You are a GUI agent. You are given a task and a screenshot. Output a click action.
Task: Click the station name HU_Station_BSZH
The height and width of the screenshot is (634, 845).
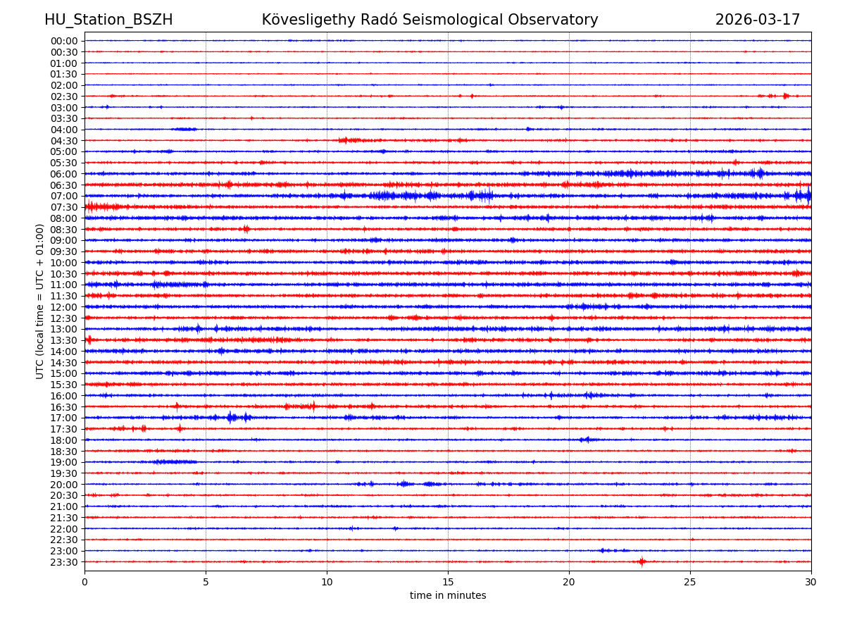[108, 20]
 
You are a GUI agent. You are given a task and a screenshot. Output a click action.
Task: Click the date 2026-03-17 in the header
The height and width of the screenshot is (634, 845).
[758, 20]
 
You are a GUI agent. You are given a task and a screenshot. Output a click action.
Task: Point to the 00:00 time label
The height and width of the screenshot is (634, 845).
[63, 41]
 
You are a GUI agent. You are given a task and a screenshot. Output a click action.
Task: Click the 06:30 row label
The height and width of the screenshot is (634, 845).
[63, 185]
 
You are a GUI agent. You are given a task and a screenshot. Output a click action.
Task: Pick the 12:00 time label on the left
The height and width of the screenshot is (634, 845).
[63, 307]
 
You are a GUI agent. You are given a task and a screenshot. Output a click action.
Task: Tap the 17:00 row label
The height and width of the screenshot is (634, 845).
[63, 418]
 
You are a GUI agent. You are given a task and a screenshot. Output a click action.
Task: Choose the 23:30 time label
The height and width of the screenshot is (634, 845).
[63, 562]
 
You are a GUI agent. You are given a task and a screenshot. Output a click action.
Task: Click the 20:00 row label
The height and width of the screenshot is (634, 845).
[63, 485]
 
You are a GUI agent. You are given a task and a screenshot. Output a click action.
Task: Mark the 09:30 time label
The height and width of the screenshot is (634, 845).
[63, 251]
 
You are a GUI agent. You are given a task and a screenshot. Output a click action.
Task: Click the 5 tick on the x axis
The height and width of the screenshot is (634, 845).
[206, 583]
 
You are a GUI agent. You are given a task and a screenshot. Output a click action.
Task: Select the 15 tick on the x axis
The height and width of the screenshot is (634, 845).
[448, 583]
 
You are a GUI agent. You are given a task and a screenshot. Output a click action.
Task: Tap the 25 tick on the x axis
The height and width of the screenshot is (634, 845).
[690, 583]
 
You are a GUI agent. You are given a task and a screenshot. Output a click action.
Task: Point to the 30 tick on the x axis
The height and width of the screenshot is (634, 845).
[811, 583]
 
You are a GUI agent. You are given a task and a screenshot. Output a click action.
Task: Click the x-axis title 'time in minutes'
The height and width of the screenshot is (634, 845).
[448, 596]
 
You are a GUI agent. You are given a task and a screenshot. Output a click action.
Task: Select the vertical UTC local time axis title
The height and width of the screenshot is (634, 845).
[40, 302]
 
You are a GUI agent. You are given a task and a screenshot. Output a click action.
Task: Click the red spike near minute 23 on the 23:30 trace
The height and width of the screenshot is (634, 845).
[641, 561]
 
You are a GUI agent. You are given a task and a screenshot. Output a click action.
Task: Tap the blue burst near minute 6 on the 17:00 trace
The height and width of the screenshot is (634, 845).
[231, 418]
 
